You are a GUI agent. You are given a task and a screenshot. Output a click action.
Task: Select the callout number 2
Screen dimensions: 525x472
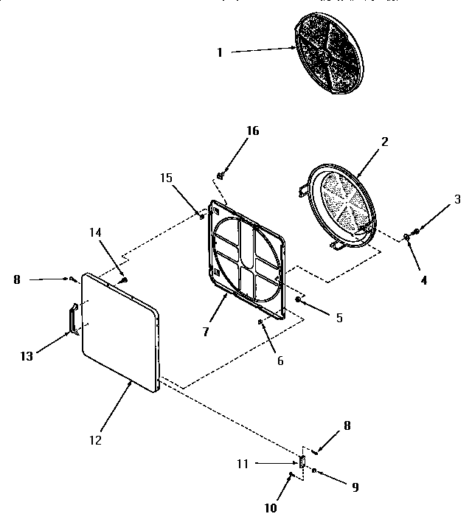pos(385,140)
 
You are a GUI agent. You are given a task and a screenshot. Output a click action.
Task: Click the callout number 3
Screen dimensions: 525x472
pos(457,198)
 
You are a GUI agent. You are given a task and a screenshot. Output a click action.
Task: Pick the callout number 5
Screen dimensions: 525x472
pos(339,318)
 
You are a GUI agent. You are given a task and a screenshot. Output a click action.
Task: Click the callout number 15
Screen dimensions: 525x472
pos(166,178)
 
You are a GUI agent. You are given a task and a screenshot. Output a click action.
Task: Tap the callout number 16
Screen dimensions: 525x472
pos(252,131)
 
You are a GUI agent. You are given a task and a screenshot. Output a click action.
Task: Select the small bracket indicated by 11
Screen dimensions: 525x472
pos(302,461)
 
